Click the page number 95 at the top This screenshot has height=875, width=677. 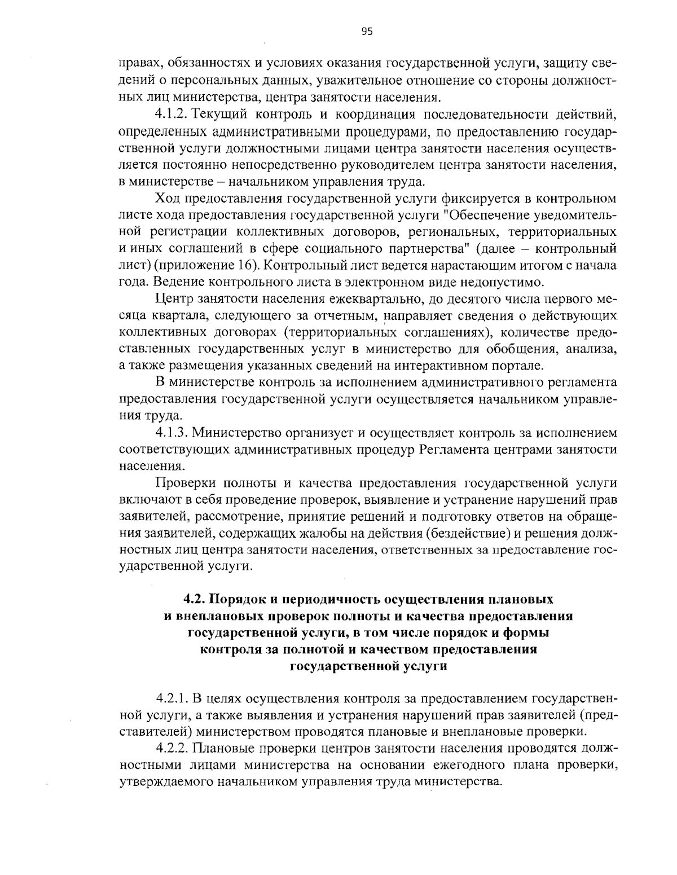click(367, 32)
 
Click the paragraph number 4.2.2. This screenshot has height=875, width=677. click(173, 749)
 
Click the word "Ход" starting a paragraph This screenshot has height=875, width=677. click(165, 199)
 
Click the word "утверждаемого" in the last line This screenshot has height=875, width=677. click(160, 782)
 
